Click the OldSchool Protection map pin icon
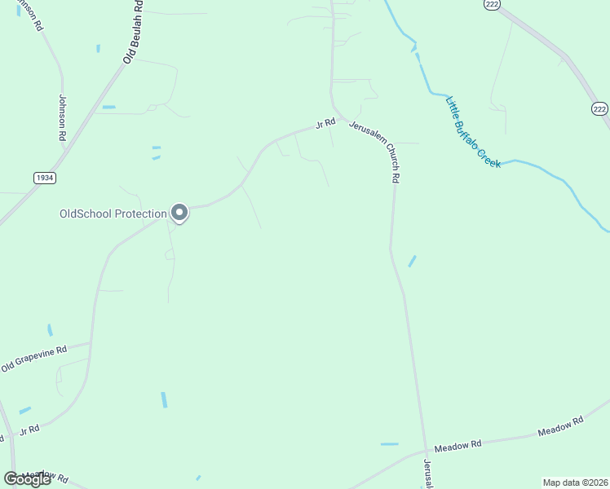(180, 213)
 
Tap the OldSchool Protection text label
(113, 214)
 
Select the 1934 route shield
(45, 177)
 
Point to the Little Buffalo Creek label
(473, 133)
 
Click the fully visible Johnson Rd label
(62, 118)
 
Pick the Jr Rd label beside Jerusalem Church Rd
(325, 124)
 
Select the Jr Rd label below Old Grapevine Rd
(29, 430)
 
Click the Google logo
(28, 478)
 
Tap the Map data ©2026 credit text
(575, 482)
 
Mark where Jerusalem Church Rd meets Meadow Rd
(426, 450)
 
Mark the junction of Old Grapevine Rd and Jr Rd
(91, 343)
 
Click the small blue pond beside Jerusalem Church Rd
(412, 261)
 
